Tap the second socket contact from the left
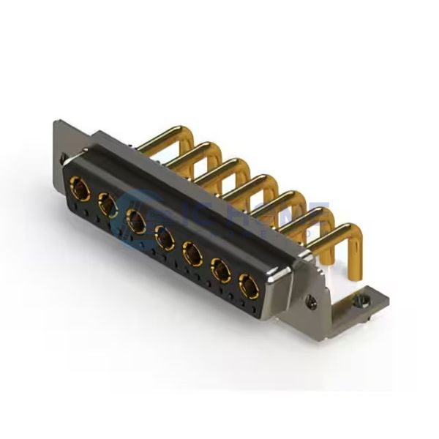click(108, 206)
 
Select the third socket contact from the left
click(135, 219)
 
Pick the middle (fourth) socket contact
click(164, 236)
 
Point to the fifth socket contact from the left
click(192, 253)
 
